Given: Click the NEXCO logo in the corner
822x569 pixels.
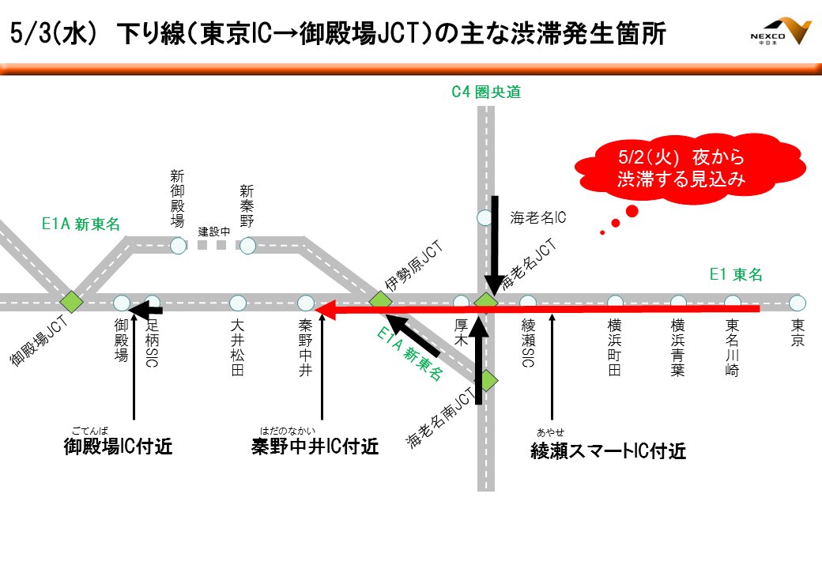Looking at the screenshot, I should tap(780, 32).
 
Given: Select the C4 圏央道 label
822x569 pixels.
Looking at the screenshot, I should tap(486, 92).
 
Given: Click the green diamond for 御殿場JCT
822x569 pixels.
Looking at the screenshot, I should tap(72, 301).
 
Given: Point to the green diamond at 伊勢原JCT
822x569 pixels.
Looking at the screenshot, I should tap(380, 300).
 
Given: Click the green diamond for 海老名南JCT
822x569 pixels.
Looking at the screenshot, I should tap(488, 380).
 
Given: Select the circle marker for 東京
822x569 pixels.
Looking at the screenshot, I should tap(797, 303).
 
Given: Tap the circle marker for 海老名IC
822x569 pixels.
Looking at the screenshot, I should tap(485, 216).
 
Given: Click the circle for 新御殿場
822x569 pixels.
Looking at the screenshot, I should tap(178, 246).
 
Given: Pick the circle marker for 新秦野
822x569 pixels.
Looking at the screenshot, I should tap(247, 246).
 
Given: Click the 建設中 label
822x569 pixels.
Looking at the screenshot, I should tap(213, 232).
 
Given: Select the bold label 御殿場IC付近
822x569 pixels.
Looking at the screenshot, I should tap(118, 447).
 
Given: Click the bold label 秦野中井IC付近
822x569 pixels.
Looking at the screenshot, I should tap(315, 447).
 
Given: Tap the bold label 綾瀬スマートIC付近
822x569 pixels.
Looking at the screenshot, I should tap(608, 451).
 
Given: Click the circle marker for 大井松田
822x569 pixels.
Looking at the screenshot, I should tap(238, 302).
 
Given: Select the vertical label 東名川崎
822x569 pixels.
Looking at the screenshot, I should tap(733, 347).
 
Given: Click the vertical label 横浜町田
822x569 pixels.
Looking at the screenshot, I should tap(615, 347).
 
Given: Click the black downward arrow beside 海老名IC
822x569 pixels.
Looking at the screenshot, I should tap(495, 245).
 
